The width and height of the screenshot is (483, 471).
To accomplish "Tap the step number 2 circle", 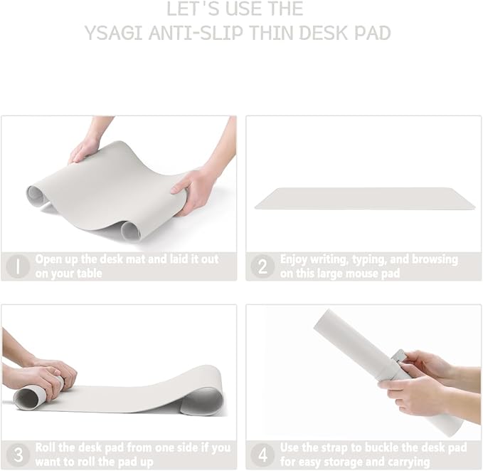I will pyautogui.click(x=262, y=266).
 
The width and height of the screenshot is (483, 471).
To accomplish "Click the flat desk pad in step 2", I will pyautogui.click(x=364, y=198).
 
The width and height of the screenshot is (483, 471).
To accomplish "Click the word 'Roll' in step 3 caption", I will pyautogui.click(x=48, y=447).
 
